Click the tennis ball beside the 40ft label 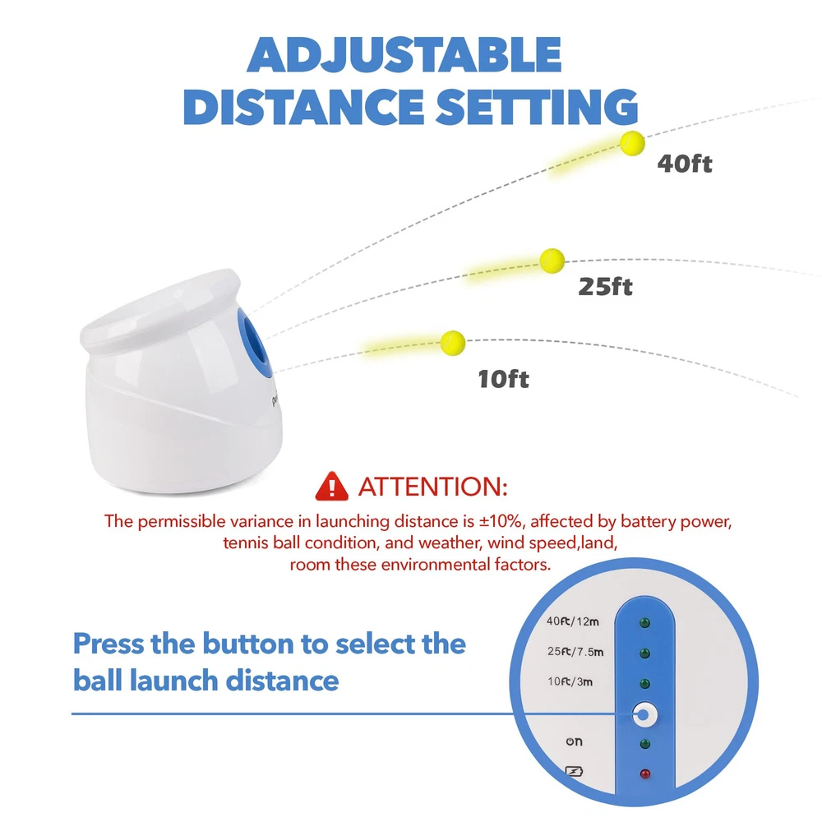[x=632, y=143]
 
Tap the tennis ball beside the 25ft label [x=552, y=261]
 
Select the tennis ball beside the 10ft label [x=453, y=344]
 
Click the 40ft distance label [x=685, y=164]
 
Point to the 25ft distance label [x=606, y=287]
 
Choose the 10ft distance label [x=503, y=379]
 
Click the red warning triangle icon [x=331, y=486]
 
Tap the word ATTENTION [x=432, y=487]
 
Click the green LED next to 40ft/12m [x=644, y=623]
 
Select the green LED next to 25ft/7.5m [x=644, y=653]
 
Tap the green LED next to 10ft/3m [x=644, y=684]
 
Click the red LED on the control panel [x=644, y=774]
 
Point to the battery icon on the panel [x=574, y=772]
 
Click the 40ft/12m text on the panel [x=572, y=621]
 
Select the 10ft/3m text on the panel [x=570, y=681]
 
